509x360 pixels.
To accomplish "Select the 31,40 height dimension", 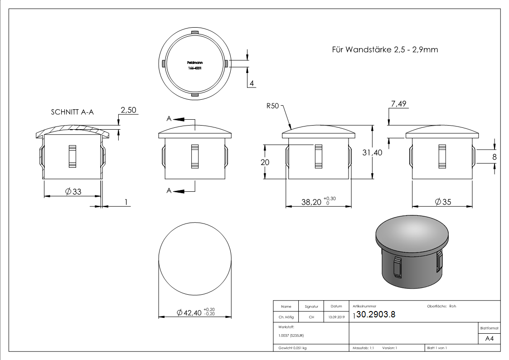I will tap(372, 153).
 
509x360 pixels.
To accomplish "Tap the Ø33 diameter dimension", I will tap(73, 192).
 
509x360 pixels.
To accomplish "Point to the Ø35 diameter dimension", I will tap(443, 202).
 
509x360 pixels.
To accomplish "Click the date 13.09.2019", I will tap(336, 317).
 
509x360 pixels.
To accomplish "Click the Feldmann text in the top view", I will tap(195, 63).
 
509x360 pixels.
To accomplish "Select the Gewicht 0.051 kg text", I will tap(292, 348).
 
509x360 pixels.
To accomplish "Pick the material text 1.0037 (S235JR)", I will tap(291, 335).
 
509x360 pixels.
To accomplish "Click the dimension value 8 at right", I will tap(494, 156).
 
